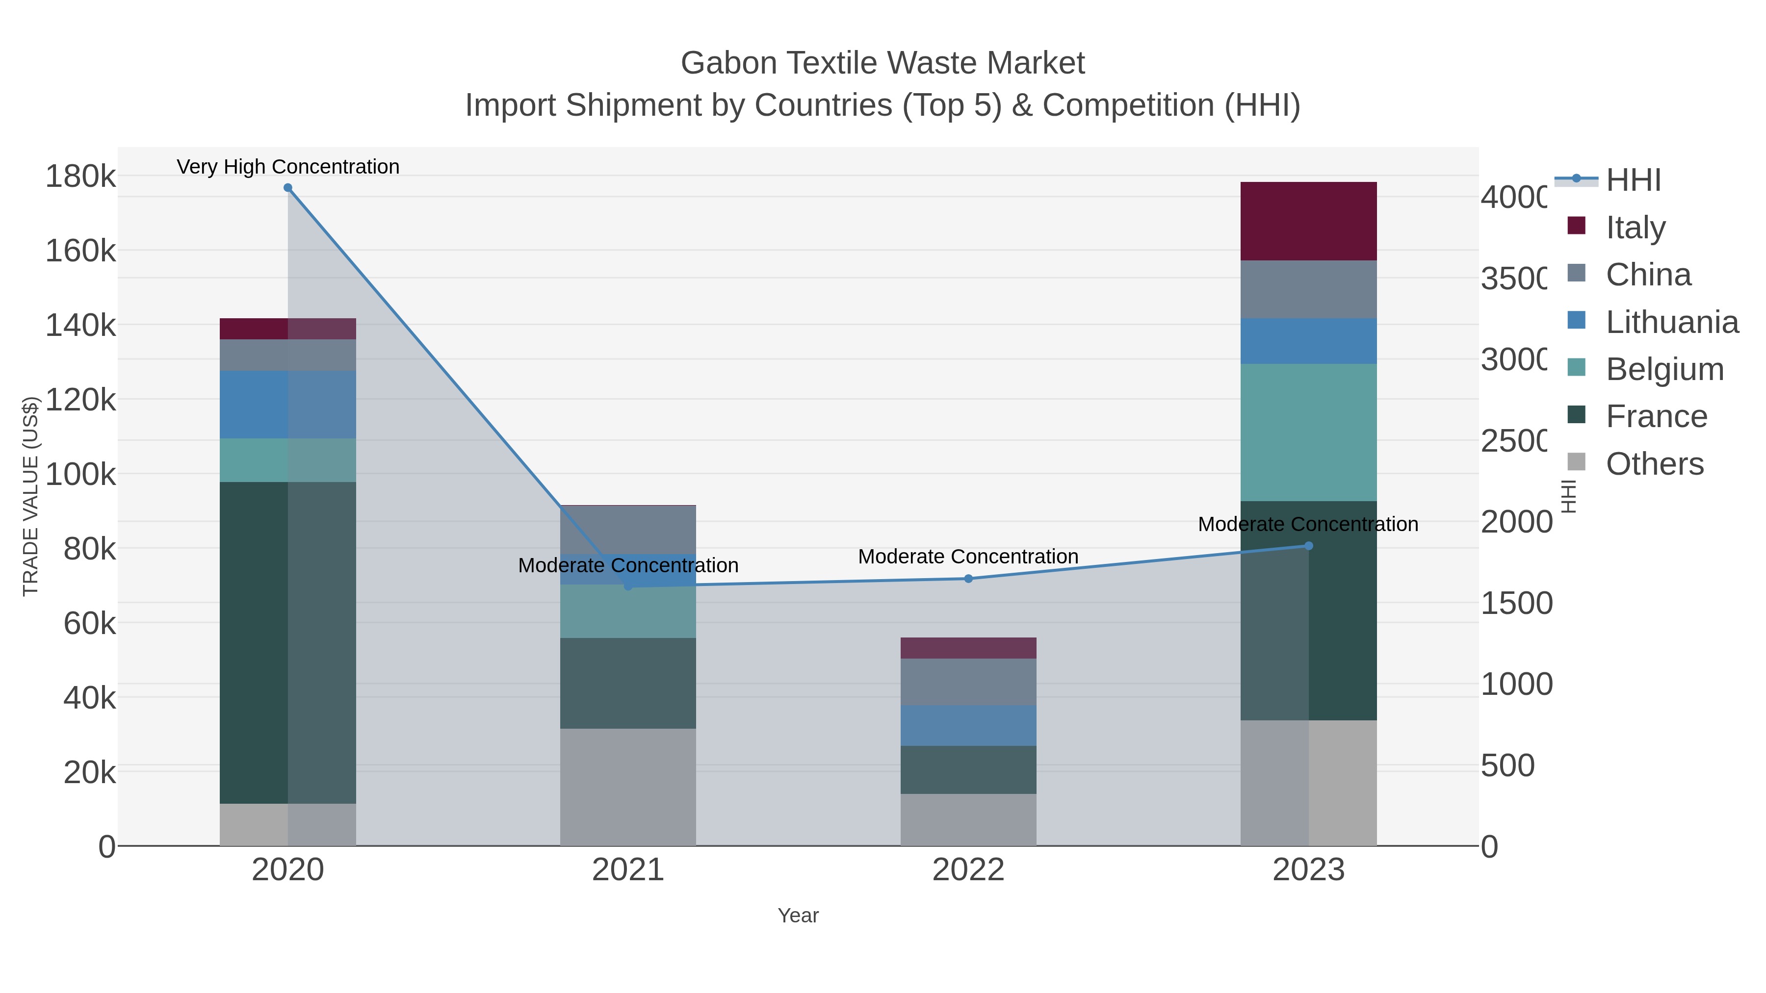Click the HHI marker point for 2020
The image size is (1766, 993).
point(288,188)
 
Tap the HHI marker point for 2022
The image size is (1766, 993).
point(968,579)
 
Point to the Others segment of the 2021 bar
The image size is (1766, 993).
point(628,787)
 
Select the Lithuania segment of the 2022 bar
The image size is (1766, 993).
point(968,725)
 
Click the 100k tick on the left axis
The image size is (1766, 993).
point(81,474)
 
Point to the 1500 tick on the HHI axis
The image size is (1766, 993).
point(1516,603)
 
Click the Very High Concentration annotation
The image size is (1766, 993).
point(288,167)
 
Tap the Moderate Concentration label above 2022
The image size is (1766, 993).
point(968,557)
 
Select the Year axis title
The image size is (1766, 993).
point(798,916)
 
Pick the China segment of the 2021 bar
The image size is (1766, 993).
point(628,530)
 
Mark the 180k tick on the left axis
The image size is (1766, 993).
point(81,177)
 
